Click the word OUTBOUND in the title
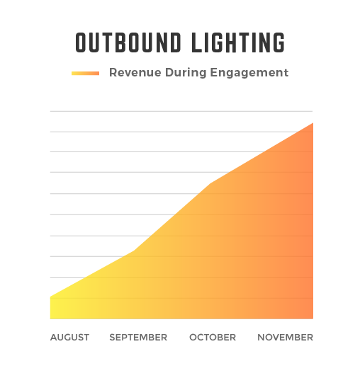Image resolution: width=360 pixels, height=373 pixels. (x=128, y=42)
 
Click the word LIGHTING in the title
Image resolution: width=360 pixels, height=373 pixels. (x=238, y=42)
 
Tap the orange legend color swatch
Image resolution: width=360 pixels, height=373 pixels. (x=85, y=74)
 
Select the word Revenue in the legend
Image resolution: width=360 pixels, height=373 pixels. (x=135, y=72)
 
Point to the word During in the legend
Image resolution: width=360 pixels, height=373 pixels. (x=186, y=72)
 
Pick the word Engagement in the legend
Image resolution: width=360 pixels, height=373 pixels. (x=249, y=73)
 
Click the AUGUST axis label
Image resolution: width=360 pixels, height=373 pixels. (x=69, y=338)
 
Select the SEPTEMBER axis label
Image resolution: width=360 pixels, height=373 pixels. (x=138, y=338)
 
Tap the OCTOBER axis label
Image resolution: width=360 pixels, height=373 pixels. (x=213, y=338)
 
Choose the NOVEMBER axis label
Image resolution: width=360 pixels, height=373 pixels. (x=285, y=338)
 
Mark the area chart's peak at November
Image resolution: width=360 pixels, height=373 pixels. (x=313, y=123)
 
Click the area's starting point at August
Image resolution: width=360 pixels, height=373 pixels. (x=50, y=297)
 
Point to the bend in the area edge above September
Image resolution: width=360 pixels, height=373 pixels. (x=134, y=251)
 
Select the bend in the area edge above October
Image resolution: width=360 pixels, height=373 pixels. (x=210, y=183)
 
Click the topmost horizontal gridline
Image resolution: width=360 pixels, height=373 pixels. (x=181, y=111)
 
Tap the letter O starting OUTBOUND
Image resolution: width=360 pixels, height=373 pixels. (x=80, y=42)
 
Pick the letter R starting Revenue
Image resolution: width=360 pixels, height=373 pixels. (x=113, y=72)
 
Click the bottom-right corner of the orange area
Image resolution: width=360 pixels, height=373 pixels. (x=313, y=319)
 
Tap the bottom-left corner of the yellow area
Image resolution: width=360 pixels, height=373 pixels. (x=50, y=319)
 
